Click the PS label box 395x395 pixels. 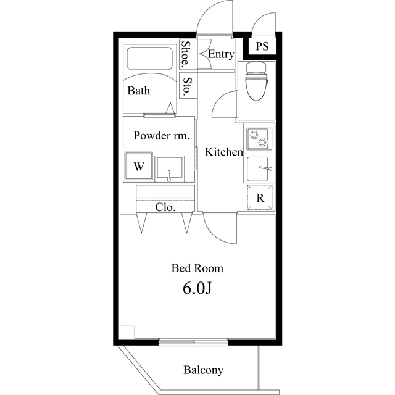click(x=262, y=46)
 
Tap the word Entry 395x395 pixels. click(x=221, y=54)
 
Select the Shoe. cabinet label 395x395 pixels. click(x=186, y=54)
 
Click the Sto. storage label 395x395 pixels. click(x=187, y=86)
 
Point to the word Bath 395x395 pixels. click(x=138, y=91)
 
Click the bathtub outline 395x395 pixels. click(x=149, y=59)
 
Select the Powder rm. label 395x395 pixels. click(x=162, y=136)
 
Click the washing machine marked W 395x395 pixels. click(x=139, y=166)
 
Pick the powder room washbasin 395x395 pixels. click(x=170, y=168)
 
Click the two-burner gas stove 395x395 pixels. click(x=259, y=139)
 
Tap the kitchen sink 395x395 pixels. click(x=258, y=168)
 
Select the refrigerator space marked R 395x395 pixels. click(x=260, y=197)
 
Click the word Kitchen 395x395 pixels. click(x=224, y=152)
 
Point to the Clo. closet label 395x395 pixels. click(x=165, y=207)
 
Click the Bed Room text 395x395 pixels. click(x=197, y=268)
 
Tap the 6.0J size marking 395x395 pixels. click(x=197, y=288)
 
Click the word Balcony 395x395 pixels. click(x=203, y=370)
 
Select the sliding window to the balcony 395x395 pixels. click(x=194, y=342)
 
